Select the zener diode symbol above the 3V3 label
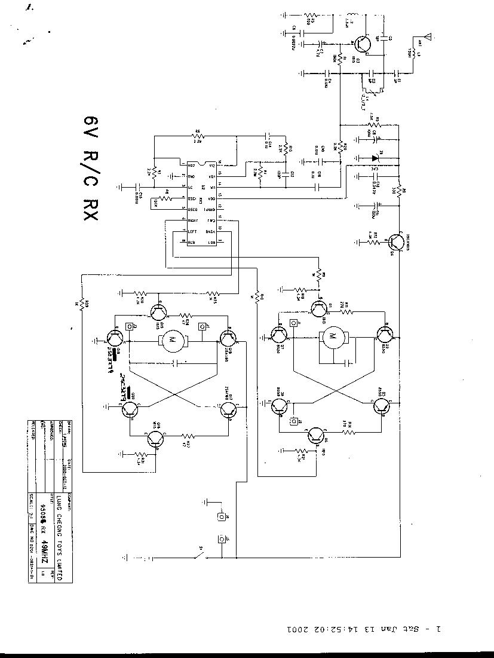375,158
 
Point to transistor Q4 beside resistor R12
394,242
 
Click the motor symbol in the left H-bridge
174,341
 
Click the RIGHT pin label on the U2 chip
193,221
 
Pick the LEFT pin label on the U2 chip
192,231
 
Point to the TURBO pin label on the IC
209,210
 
